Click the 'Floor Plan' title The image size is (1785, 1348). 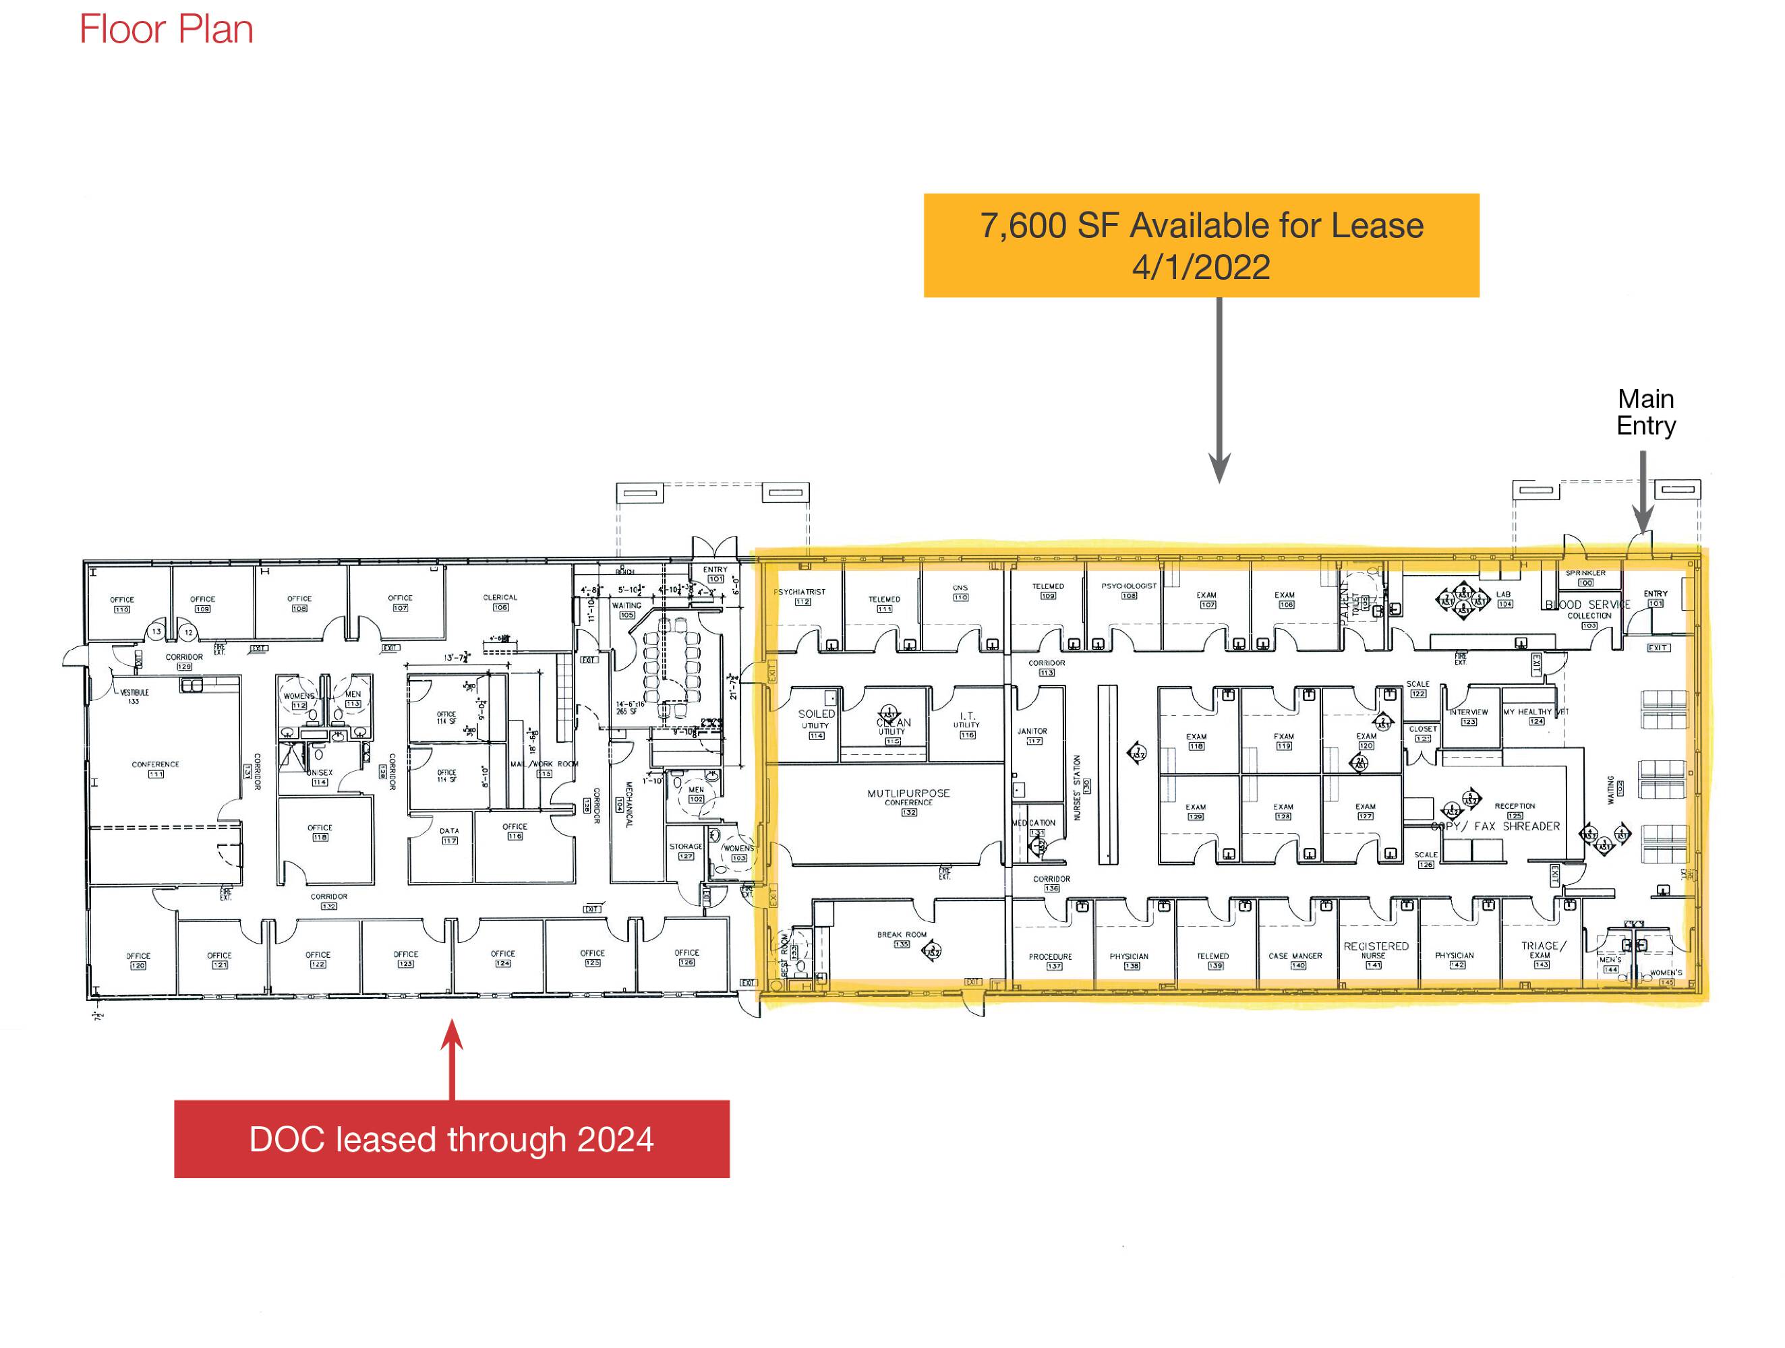click(167, 30)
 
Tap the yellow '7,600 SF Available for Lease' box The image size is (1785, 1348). click(1201, 245)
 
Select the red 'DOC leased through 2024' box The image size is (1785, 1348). click(451, 1138)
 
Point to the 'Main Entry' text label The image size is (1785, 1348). click(1645, 412)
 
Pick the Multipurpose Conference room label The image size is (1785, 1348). click(908, 798)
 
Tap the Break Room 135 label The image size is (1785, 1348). click(902, 939)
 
